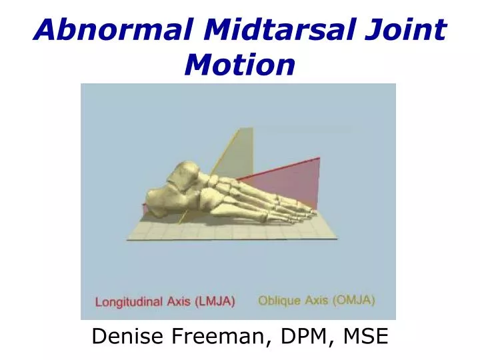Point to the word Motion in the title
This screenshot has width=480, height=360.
click(239, 65)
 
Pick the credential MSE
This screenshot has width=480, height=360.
click(363, 337)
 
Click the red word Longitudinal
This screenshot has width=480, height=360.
click(128, 302)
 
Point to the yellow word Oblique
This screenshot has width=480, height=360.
click(279, 301)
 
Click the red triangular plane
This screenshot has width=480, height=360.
click(293, 180)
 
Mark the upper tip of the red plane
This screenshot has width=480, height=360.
click(319, 159)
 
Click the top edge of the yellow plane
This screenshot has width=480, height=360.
click(245, 128)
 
